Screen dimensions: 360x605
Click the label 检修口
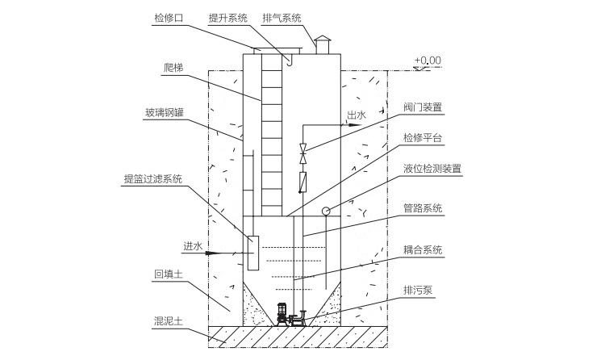[x=169, y=16]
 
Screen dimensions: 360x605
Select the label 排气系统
[x=281, y=16]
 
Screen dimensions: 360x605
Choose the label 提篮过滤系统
[x=152, y=178]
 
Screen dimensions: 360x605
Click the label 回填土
[x=169, y=274]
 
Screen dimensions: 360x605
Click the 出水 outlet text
[x=356, y=115]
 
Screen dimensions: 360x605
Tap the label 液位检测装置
[x=432, y=169]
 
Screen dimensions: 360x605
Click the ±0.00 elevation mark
[x=428, y=60]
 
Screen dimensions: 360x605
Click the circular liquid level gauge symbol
[x=326, y=211]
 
